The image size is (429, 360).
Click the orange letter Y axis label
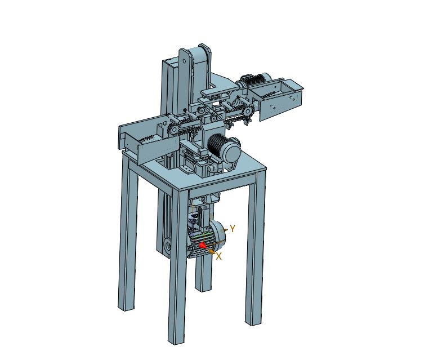click(x=233, y=228)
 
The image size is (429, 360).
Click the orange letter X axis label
click(x=218, y=256)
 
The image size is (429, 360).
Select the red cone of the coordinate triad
click(x=202, y=246)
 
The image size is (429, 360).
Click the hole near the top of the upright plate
click(x=184, y=60)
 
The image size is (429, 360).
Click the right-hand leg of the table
click(x=255, y=246)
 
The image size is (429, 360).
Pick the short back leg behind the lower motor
click(x=203, y=274)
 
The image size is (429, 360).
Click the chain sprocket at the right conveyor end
click(x=248, y=112)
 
